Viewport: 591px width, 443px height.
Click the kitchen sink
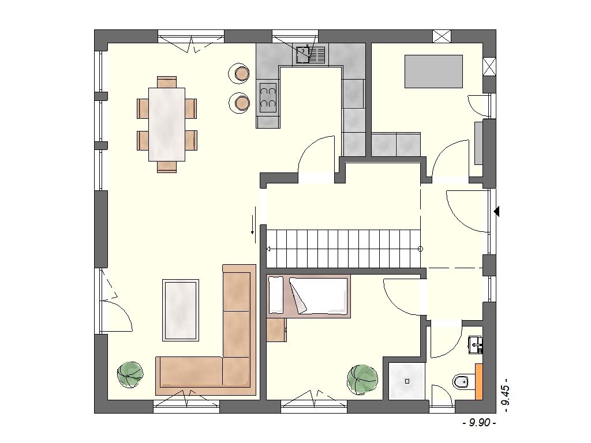310,54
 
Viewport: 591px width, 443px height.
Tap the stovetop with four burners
268,97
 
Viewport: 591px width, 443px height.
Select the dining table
167,125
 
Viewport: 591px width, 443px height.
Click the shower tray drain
407,381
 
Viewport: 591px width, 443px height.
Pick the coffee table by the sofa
181,310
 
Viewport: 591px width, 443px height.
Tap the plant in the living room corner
130,374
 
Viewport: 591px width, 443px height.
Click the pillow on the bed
275,295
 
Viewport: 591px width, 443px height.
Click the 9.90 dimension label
479,423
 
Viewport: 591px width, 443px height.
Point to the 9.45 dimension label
506,393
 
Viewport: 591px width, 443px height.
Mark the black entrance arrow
497,211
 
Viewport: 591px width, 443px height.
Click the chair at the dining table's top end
167,82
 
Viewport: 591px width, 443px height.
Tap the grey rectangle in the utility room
433,72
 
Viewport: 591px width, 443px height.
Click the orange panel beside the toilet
479,382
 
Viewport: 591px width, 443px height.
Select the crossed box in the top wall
442,36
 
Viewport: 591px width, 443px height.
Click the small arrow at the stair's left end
268,249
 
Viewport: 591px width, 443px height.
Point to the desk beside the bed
276,330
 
